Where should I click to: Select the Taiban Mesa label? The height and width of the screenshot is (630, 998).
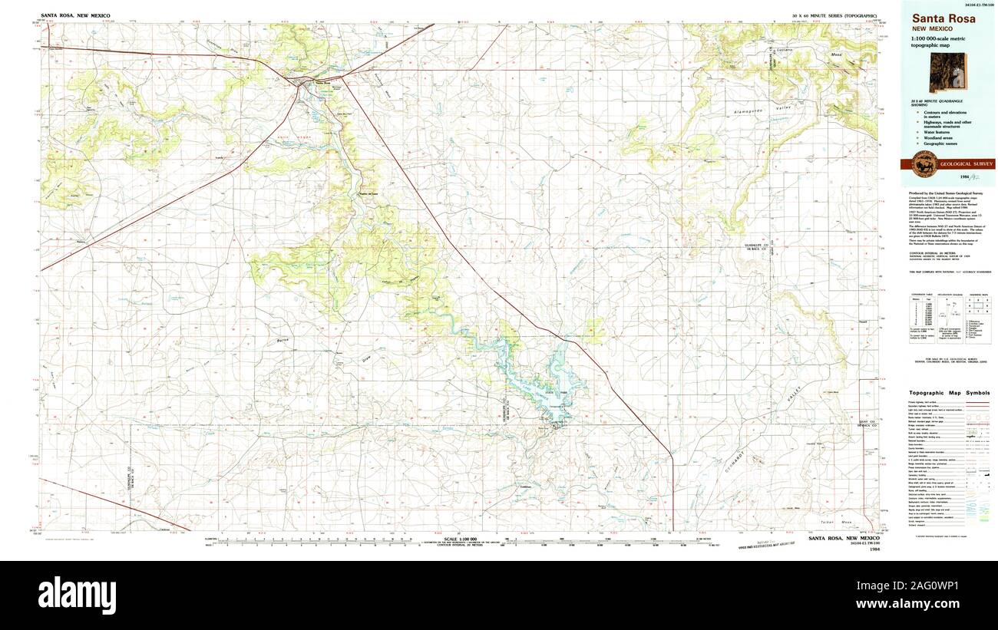pyautogui.click(x=847, y=522)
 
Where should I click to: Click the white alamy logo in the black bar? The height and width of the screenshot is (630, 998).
pyautogui.click(x=77, y=593)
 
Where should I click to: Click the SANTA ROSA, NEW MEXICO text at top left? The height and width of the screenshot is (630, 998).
pyautogui.click(x=78, y=15)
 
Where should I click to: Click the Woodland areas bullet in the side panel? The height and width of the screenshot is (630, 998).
pyautogui.click(x=940, y=138)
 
